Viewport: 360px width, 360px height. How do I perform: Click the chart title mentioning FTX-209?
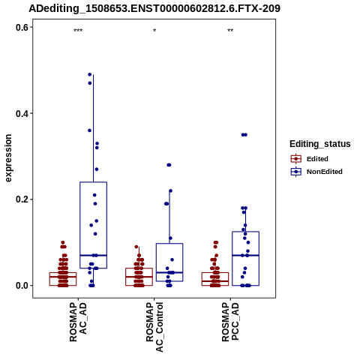154,8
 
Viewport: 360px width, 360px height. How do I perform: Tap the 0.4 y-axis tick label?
22,113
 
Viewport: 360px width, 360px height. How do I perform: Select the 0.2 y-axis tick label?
22,199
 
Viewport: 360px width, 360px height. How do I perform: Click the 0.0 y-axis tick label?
22,286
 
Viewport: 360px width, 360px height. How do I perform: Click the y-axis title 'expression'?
8,158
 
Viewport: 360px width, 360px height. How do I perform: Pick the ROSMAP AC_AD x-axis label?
78,322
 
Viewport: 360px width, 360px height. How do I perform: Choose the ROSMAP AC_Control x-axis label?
154,327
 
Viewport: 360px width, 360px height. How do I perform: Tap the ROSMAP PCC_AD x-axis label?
230,322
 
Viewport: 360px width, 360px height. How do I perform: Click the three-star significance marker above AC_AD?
78,31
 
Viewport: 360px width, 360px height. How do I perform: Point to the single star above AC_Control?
154,31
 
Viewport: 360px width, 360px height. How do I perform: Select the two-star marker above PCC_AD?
230,31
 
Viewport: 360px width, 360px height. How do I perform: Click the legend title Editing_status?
320,144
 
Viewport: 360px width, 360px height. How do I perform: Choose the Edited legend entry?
310,159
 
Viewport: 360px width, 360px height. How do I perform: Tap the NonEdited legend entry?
316,172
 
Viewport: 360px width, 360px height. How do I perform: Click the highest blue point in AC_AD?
90,74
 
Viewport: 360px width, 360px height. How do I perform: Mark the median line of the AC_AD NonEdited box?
94,255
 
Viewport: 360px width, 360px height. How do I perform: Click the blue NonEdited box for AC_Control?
169,262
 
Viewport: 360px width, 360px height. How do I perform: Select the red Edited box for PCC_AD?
215,279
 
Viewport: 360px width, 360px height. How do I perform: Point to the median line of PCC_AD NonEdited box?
245,255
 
